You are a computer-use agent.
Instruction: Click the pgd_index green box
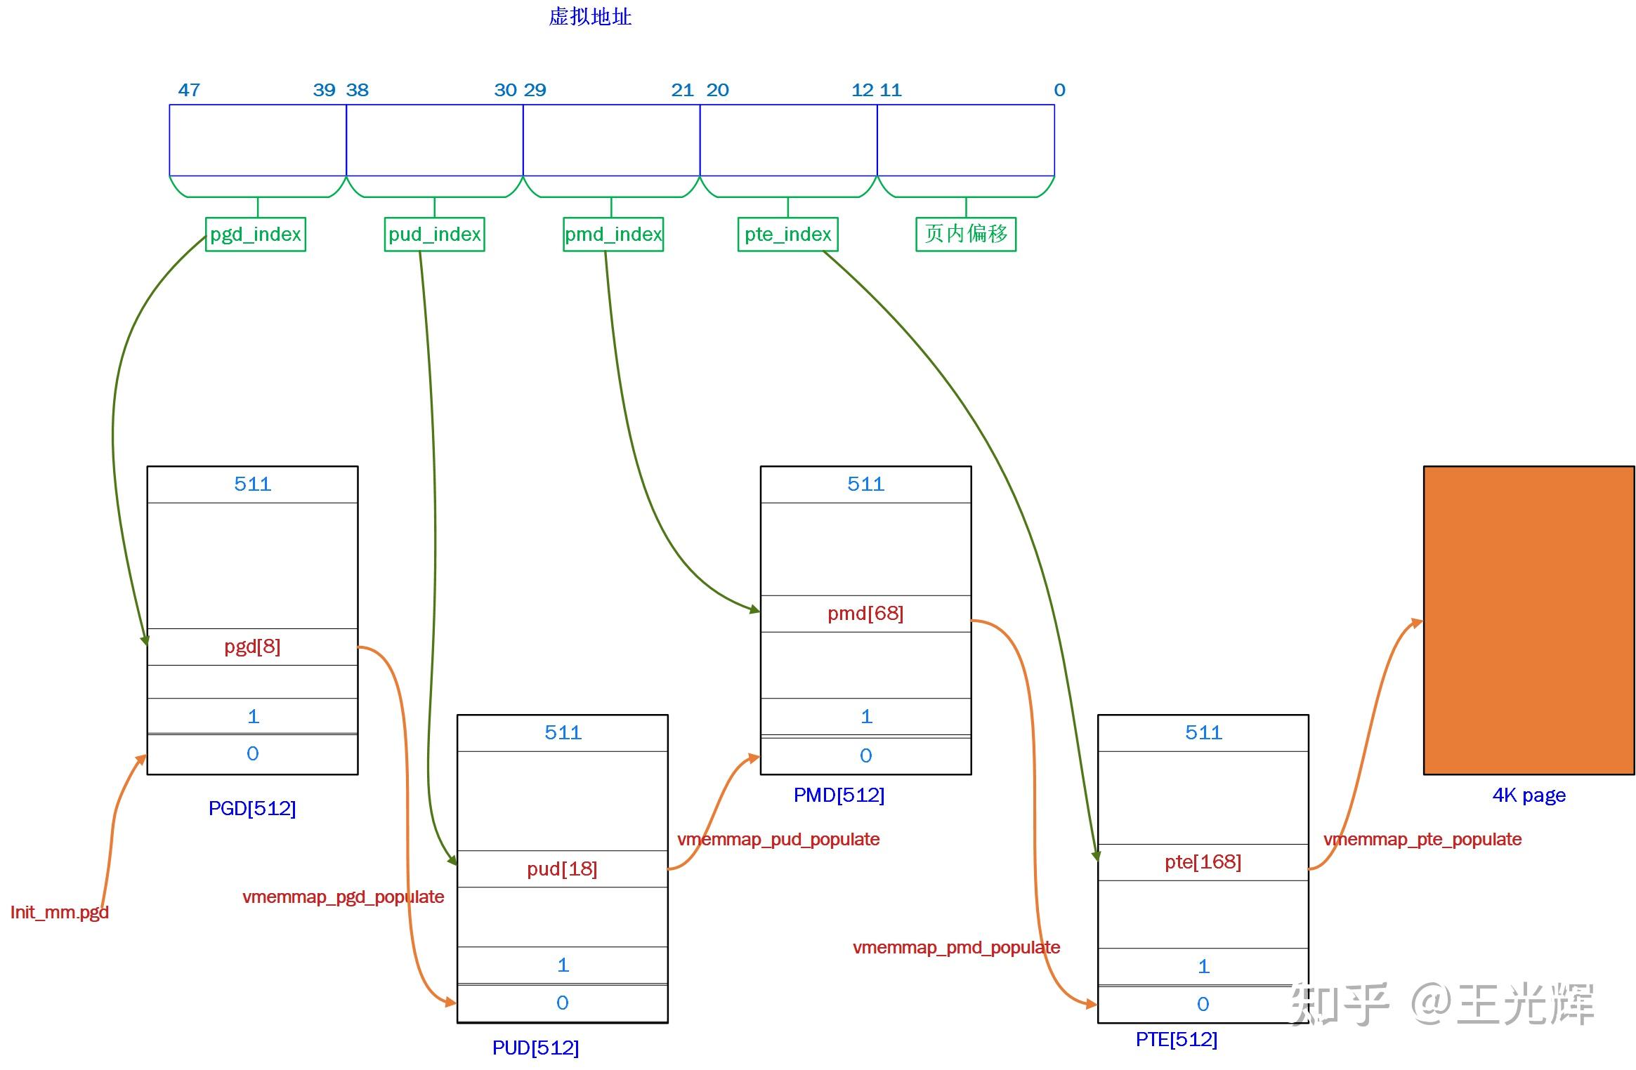coord(255,234)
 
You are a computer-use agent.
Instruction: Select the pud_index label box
coord(434,234)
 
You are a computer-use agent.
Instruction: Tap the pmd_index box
coord(613,234)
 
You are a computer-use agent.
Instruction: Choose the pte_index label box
coord(787,234)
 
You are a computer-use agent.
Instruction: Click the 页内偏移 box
coord(965,234)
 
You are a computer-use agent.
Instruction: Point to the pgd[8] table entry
coord(252,647)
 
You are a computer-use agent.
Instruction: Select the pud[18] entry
coord(562,869)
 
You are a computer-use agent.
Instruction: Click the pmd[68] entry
coord(865,614)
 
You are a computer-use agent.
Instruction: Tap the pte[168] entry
coord(1203,862)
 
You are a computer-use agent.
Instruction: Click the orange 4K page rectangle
coord(1529,620)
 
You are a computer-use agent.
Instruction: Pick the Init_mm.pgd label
coord(60,912)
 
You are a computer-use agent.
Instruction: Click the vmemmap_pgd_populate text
coord(343,897)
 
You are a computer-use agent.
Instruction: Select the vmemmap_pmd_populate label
coord(956,947)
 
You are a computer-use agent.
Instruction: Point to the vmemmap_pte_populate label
coord(1422,839)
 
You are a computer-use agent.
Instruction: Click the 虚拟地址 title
coord(590,17)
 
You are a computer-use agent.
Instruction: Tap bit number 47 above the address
coord(189,90)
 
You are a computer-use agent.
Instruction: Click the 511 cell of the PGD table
coord(252,484)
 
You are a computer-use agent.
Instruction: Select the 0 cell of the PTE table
coord(1203,1005)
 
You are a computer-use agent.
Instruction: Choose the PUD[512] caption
coord(535,1048)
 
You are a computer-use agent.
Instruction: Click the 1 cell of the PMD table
coord(865,717)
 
